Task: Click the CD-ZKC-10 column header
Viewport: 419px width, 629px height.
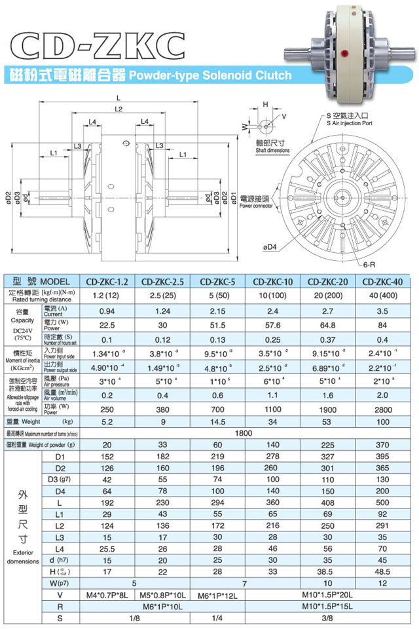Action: [x=272, y=282]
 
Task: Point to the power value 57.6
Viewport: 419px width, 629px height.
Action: [x=272, y=325]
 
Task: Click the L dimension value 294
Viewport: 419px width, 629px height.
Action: [x=218, y=502]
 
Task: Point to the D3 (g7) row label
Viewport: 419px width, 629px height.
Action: [x=62, y=479]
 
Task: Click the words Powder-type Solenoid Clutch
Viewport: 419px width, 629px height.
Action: [x=209, y=75]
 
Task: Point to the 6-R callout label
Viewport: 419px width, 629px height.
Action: [x=369, y=265]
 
